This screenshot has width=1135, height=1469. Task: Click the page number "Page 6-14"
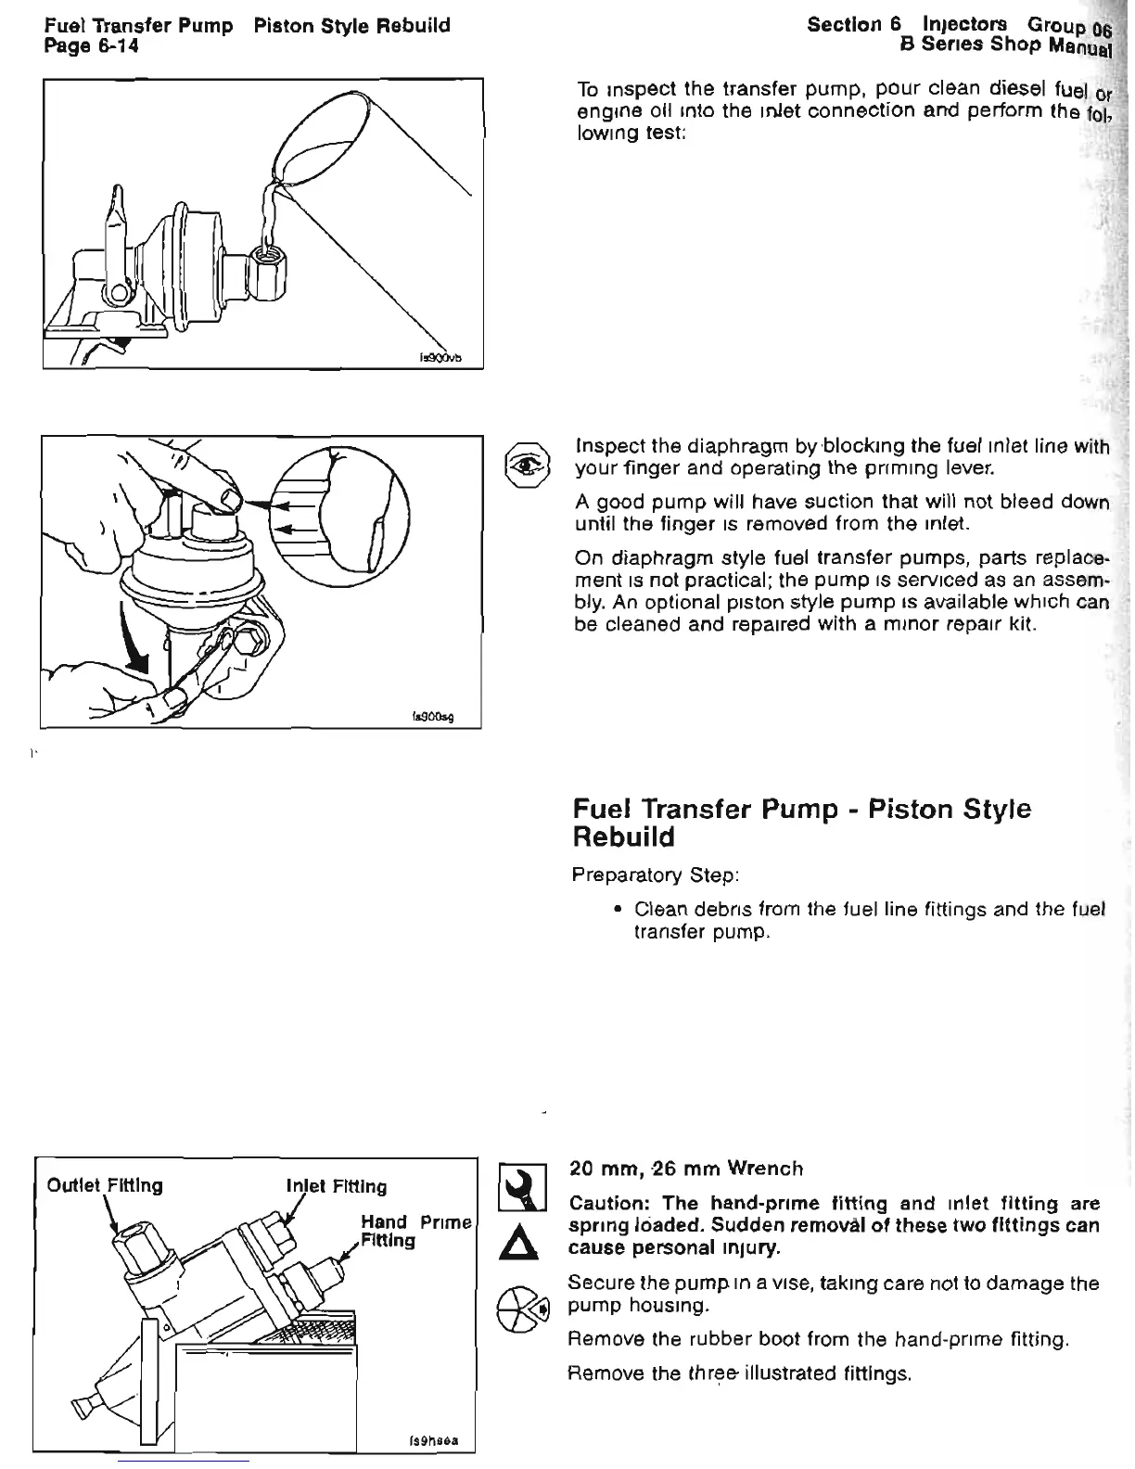tap(91, 45)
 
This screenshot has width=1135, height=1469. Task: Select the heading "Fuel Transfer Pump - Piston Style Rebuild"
tap(801, 823)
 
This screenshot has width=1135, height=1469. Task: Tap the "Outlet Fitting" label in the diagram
tap(104, 1185)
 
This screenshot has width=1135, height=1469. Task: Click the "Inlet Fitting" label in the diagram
tap(336, 1186)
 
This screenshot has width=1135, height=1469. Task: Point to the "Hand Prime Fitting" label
tap(414, 1231)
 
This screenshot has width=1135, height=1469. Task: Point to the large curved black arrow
tap(136, 640)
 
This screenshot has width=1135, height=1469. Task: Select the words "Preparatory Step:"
tap(655, 875)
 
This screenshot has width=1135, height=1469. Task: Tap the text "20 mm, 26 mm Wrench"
tap(685, 1169)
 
